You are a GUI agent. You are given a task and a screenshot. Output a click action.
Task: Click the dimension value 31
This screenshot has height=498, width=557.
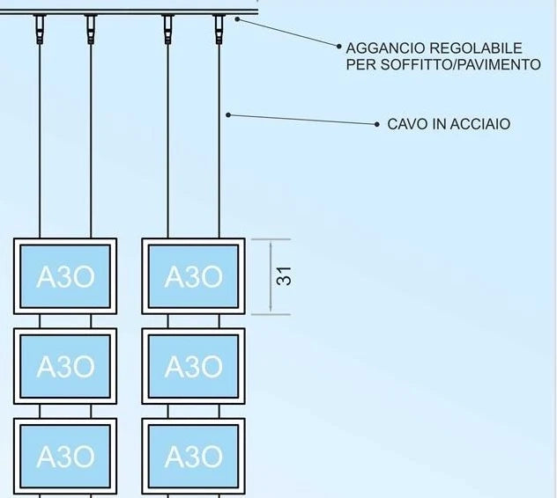[x=284, y=276]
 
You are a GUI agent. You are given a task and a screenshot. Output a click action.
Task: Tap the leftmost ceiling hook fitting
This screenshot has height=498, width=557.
[x=40, y=29]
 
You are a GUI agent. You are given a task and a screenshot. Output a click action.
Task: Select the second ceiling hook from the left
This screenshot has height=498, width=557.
[x=91, y=29]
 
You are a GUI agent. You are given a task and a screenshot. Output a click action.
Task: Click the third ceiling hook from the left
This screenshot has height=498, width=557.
[x=167, y=29]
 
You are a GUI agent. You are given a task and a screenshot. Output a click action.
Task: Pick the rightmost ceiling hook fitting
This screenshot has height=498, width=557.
[x=219, y=29]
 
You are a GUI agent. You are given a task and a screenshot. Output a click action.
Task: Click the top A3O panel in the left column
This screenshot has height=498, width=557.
[x=65, y=276]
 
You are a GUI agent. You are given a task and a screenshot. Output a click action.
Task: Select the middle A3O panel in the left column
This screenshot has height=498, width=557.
[x=65, y=366]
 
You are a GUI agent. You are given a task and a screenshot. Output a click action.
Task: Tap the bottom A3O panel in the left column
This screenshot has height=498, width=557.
[x=65, y=457]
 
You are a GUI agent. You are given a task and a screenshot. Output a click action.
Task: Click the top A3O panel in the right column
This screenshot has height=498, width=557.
[x=193, y=276]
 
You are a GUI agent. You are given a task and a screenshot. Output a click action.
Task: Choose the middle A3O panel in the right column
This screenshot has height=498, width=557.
[x=193, y=366]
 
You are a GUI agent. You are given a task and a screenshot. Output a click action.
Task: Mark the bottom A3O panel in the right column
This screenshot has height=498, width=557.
[x=193, y=457]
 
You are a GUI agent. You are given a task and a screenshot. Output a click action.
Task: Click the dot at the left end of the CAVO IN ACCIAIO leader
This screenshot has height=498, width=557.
[x=228, y=115]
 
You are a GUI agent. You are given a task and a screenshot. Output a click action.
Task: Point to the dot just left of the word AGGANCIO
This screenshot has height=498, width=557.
[x=339, y=46]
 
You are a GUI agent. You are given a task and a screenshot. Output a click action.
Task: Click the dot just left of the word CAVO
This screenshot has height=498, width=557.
[x=377, y=124]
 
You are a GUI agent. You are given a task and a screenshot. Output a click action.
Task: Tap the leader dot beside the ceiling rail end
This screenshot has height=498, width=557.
[x=238, y=19]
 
